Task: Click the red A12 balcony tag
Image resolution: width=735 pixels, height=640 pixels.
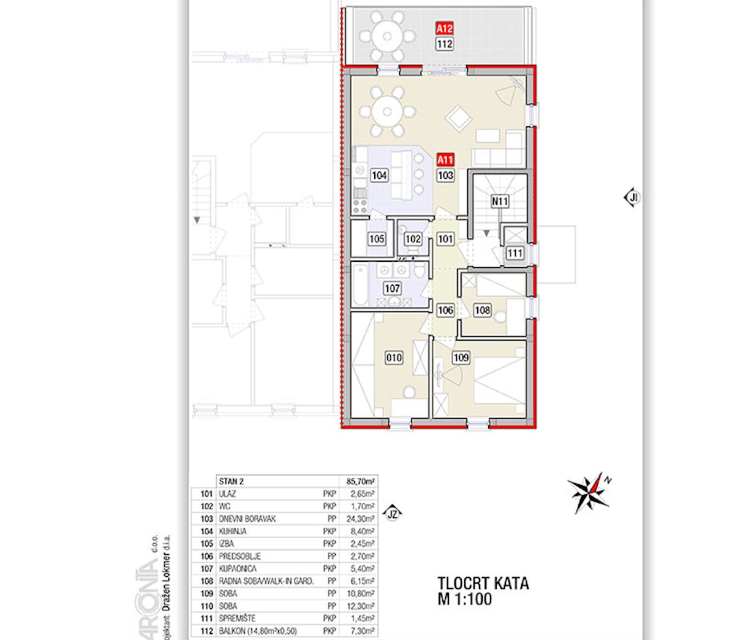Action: pos(444,28)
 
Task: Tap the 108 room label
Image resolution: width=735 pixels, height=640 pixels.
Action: pos(482,310)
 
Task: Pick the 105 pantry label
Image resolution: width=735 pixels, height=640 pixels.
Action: pos(377,239)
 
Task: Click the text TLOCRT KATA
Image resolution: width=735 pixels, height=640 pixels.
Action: pos(483,583)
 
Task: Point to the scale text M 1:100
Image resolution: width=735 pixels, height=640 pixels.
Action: pos(466,599)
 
